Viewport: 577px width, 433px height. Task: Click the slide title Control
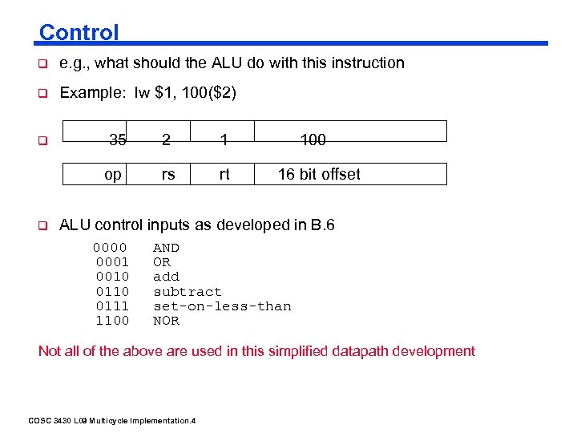point(79,33)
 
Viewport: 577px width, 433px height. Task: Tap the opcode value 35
point(118,140)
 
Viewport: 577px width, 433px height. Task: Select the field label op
point(113,174)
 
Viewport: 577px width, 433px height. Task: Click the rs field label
point(167,174)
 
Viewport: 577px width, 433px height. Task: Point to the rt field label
point(224,174)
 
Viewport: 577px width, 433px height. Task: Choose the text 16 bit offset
point(319,174)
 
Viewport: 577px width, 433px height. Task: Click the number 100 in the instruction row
point(313,140)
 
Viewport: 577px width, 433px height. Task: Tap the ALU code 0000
point(110,248)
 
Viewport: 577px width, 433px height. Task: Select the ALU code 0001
point(112,262)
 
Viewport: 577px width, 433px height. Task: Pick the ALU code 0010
point(112,277)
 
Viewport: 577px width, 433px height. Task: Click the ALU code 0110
point(112,292)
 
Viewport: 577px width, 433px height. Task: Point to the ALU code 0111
point(112,306)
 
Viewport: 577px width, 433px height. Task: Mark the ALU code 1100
point(112,321)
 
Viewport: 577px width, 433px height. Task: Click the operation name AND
point(166,248)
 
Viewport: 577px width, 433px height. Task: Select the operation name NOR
point(166,321)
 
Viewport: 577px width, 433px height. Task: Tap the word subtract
point(187,292)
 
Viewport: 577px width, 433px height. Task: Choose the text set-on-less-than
point(222,306)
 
